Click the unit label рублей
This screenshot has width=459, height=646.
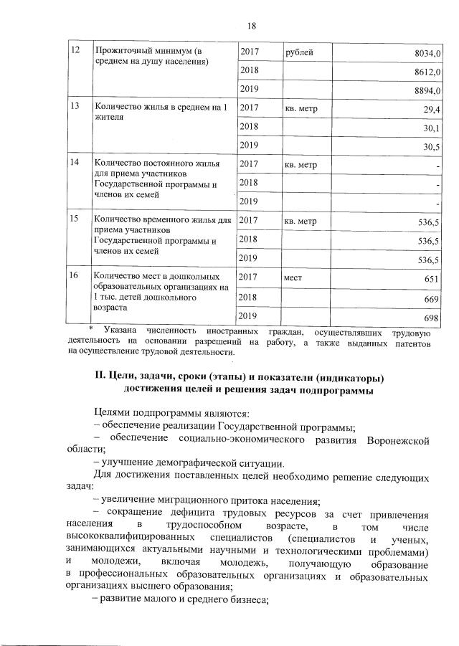[299, 52]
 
